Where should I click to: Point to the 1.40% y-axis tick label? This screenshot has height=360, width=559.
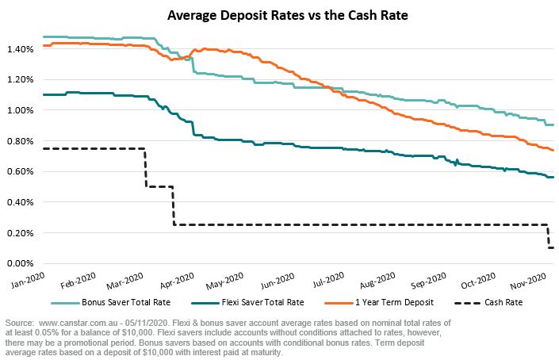point(19,49)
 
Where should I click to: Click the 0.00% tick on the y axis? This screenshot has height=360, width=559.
point(19,263)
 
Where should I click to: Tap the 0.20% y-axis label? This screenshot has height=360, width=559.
point(19,233)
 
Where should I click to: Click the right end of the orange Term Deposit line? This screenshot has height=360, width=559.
point(553,150)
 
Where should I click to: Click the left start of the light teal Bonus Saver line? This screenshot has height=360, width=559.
point(43,36)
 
